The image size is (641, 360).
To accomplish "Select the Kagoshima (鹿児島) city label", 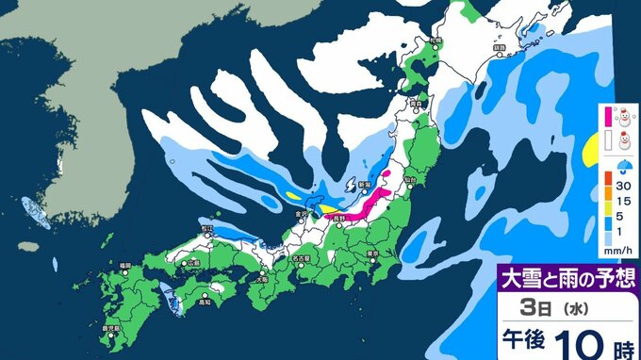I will click(x=119, y=329).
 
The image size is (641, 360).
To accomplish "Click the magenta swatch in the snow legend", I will click(x=608, y=116).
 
